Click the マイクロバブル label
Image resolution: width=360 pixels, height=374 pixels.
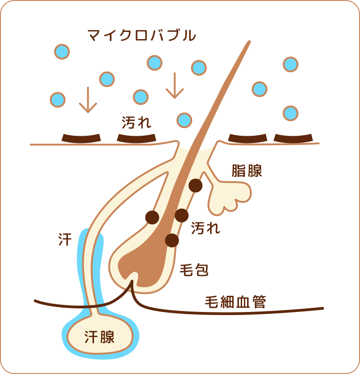coord(142,35)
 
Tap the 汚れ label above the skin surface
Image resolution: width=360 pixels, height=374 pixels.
coord(136,122)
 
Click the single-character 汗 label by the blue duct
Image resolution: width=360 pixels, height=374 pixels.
coord(65,239)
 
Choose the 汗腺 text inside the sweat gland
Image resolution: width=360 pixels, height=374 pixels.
coord(99,337)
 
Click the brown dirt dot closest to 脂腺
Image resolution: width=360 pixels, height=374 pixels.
coord(195,185)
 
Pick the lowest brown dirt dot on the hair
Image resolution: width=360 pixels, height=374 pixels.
coord(172,240)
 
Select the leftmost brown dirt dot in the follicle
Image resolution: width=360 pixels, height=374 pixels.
coord(153,217)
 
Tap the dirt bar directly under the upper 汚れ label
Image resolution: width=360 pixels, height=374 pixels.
coord(136,138)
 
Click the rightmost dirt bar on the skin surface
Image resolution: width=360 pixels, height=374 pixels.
coord(293,138)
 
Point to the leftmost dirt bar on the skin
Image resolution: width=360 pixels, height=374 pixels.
coord(81,138)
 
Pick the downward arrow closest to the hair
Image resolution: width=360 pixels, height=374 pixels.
coord(174,85)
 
